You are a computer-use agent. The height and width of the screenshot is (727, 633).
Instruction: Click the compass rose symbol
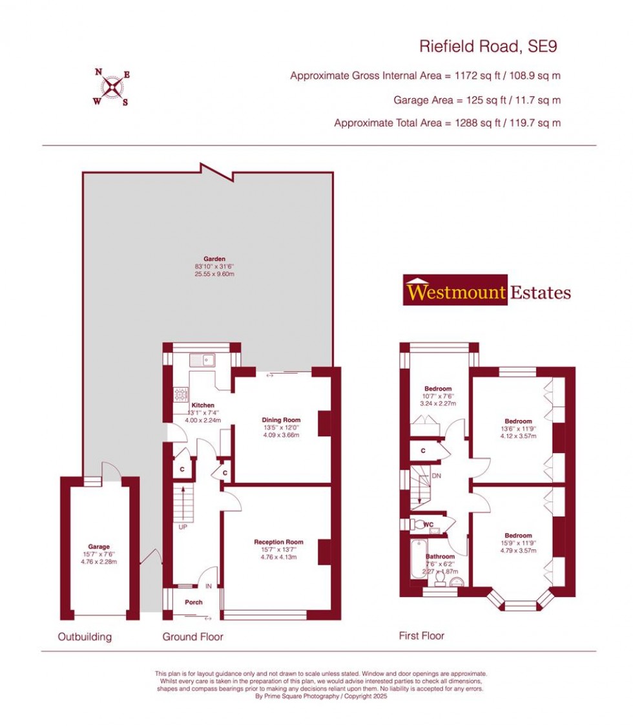113,87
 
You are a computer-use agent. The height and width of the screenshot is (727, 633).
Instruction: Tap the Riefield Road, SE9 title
488,46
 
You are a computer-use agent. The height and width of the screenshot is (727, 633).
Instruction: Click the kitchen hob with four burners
181,394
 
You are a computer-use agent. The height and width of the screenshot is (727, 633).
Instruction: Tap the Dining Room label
281,419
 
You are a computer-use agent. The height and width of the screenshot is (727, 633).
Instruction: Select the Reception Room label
278,542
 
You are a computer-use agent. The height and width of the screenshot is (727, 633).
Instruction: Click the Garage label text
99,546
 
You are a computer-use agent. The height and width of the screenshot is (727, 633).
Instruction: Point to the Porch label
194,602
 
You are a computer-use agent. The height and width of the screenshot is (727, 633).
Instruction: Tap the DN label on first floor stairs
436,476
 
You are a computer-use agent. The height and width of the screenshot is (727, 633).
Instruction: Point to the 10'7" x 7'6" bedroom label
439,389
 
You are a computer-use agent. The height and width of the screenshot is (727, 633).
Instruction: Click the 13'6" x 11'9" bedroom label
518,421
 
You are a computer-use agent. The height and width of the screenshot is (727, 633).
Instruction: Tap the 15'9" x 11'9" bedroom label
518,536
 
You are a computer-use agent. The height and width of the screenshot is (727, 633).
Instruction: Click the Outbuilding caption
85,637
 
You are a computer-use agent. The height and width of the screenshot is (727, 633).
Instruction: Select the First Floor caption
421,636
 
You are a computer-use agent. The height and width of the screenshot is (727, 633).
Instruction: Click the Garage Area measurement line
477,100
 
